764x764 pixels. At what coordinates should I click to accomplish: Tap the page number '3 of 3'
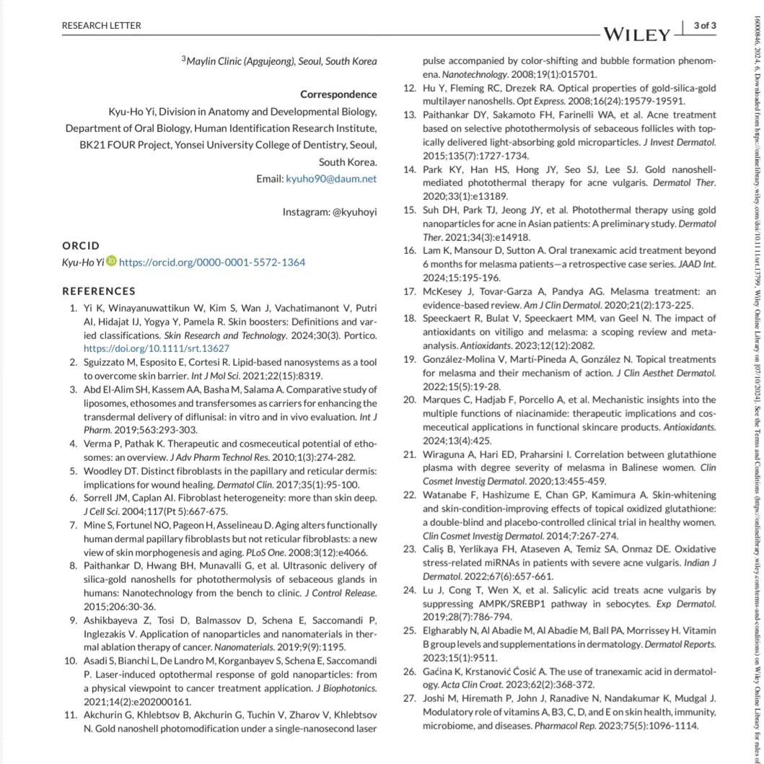pos(704,25)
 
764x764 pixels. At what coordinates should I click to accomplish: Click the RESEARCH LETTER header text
pos(102,26)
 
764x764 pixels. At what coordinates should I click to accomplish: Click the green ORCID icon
pos(110,261)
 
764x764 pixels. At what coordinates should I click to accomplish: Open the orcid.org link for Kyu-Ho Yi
pos(211,262)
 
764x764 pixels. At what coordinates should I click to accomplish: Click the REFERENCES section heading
pos(99,291)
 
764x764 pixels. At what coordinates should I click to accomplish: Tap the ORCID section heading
pos(81,245)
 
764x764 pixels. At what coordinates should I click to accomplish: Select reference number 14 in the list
pos(409,170)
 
